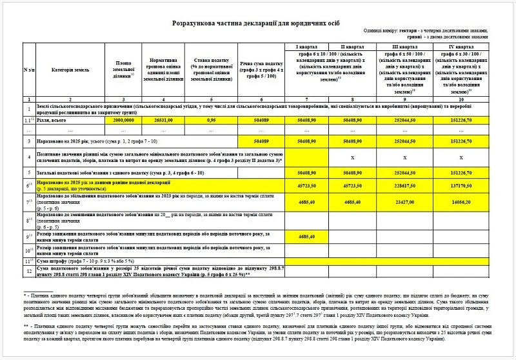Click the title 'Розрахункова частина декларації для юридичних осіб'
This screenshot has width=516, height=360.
point(257,23)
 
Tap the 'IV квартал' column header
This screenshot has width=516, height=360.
point(459,48)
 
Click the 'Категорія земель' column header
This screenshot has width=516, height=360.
point(70,70)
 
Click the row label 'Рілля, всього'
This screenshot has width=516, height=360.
point(52,120)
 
